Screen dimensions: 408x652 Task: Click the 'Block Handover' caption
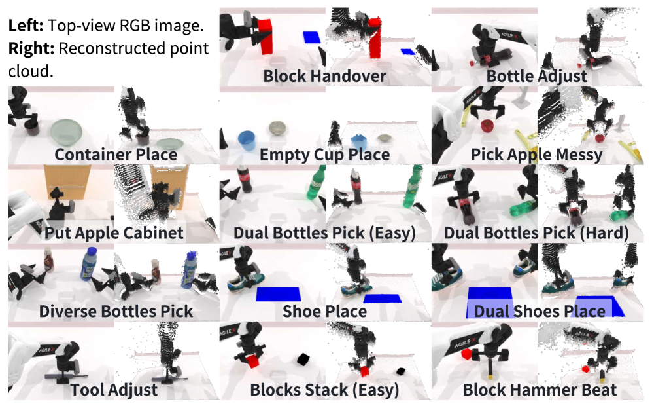tap(324, 76)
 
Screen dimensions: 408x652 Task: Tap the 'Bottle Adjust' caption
tap(536, 76)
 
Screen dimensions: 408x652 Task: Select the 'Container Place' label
tap(116, 155)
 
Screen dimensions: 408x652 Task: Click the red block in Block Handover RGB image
tap(265, 36)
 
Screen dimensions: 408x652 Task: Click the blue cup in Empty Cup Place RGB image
tap(247, 139)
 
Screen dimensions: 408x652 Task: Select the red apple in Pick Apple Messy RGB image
tap(487, 125)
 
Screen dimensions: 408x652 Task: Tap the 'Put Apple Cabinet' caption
tap(114, 233)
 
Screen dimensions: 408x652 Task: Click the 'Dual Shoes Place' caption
tap(540, 310)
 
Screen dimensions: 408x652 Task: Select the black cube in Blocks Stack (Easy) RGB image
tap(303, 359)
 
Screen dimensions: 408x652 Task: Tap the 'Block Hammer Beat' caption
tap(540, 390)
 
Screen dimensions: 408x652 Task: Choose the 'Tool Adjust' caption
tap(114, 390)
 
